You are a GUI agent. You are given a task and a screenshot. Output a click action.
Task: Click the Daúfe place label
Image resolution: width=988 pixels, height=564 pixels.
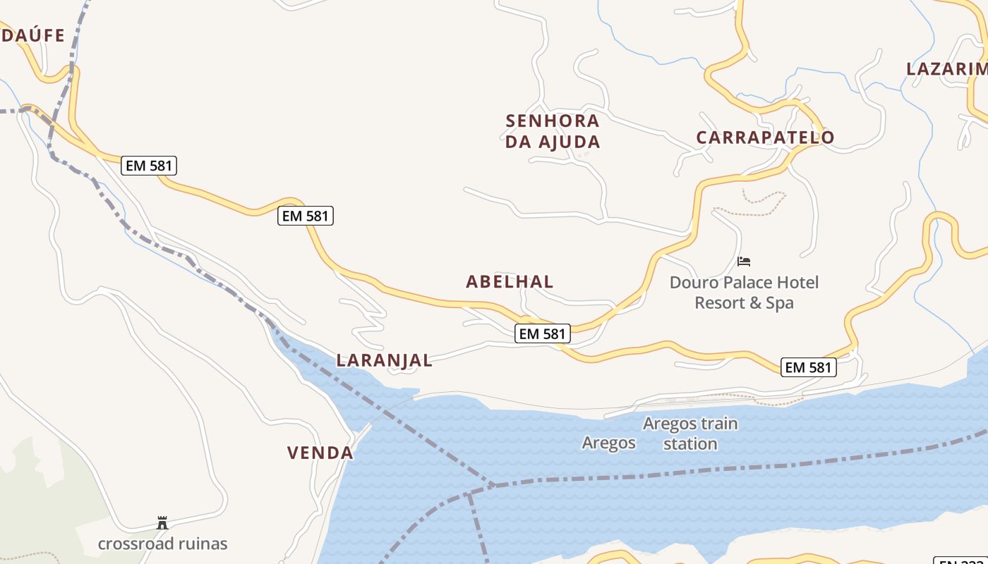point(33,35)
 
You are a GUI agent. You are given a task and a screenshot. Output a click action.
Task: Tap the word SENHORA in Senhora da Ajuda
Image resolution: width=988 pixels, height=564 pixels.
point(553,121)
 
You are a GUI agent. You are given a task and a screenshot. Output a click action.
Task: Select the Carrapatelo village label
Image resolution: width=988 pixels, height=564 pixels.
point(765,137)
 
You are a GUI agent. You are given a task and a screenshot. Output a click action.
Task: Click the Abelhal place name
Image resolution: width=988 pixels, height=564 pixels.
point(510,282)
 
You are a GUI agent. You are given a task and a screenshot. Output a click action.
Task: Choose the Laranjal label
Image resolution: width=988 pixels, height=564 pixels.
point(384,360)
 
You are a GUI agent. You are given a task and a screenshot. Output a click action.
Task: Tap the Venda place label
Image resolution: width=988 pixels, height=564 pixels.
point(320,453)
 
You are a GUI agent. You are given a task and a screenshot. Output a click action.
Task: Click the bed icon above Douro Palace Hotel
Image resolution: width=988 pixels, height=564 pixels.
point(743,262)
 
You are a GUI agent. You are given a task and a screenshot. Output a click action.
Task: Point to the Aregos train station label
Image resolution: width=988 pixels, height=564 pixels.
point(689,434)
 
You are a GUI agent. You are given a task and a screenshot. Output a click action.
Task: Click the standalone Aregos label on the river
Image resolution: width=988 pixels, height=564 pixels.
point(608,443)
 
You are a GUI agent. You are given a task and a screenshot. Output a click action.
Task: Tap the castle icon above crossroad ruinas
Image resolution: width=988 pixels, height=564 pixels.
point(162,523)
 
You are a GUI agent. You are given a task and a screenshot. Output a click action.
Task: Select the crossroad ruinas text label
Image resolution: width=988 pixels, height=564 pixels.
point(162,544)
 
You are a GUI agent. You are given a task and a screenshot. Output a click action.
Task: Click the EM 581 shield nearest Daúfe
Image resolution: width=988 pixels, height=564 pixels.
point(148,166)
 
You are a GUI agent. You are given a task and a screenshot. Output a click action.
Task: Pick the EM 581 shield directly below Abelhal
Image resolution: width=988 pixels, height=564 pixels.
point(542,333)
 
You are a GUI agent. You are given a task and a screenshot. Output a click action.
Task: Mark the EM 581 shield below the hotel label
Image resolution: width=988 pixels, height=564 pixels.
point(809,367)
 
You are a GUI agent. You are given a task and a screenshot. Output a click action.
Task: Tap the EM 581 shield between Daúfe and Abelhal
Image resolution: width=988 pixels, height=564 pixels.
point(306,216)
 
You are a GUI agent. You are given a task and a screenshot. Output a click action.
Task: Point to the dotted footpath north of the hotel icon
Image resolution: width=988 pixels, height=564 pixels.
point(755,204)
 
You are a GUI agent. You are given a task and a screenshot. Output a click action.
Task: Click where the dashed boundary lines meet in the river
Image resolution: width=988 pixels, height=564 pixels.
point(494,485)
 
